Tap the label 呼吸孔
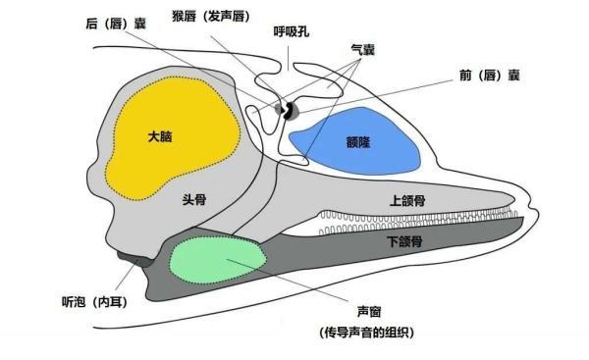[293, 31]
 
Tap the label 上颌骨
[408, 200]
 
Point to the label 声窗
[371, 311]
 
